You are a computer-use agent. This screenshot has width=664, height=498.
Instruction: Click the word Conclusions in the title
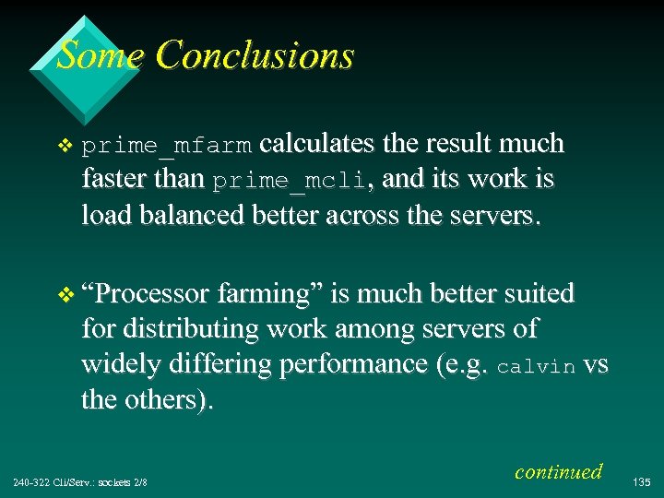pos(255,55)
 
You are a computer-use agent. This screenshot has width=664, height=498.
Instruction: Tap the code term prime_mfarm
pos(166,145)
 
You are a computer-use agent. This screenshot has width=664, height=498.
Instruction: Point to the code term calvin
pos(537,366)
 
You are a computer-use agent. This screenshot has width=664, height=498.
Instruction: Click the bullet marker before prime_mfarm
pos(64,145)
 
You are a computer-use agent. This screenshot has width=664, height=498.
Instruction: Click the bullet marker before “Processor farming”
pos(64,295)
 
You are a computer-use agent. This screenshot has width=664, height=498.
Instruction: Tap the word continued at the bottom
pos(558,471)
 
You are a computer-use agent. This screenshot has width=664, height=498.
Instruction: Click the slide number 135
pos(644,480)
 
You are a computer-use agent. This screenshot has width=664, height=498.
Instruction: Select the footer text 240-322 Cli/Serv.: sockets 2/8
pos(80,481)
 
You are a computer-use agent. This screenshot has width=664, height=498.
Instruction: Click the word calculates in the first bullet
pos(316,144)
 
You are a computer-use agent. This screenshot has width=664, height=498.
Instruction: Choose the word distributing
pos(196,328)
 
